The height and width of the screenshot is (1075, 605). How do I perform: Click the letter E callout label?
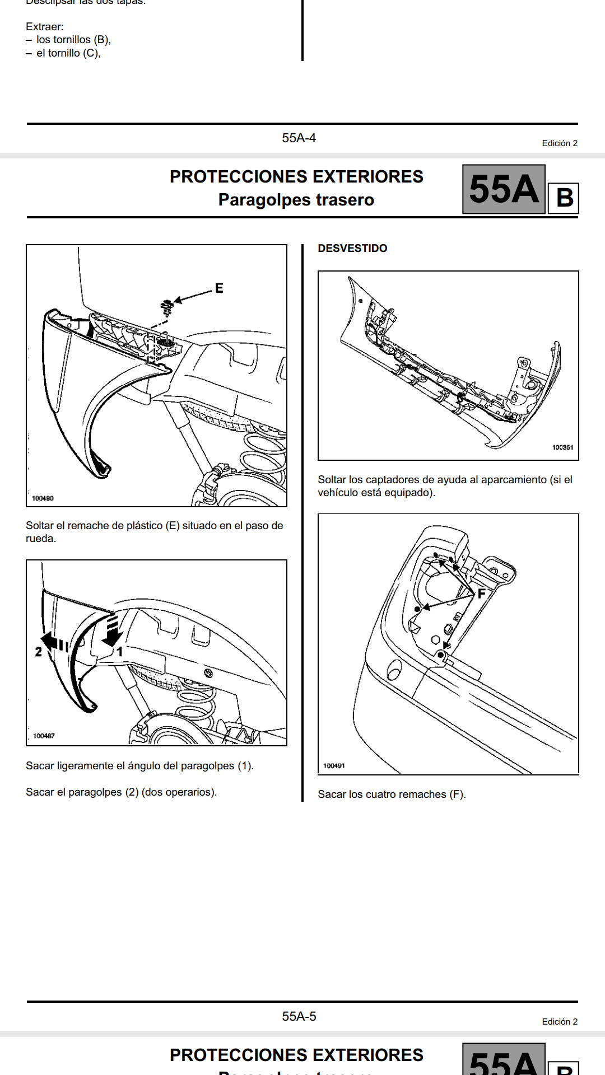pyautogui.click(x=219, y=288)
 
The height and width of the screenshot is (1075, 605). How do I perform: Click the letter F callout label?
pyautogui.click(x=481, y=593)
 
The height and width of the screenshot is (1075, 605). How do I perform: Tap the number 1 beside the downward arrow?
pyautogui.click(x=119, y=651)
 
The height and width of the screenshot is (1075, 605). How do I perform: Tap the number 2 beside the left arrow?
pyautogui.click(x=38, y=652)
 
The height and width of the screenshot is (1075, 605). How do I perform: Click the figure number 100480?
pyautogui.click(x=43, y=498)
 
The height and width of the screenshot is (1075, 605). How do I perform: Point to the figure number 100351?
pyautogui.click(x=562, y=447)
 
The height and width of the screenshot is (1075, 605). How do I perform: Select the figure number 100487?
pyautogui.click(x=44, y=736)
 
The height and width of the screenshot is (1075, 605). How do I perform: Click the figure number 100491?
pyautogui.click(x=334, y=765)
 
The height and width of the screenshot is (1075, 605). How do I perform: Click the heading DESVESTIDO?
pyautogui.click(x=352, y=248)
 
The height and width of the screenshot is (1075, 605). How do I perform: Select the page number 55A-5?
pyautogui.click(x=299, y=1016)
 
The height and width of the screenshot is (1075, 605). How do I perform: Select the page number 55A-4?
pyautogui.click(x=299, y=138)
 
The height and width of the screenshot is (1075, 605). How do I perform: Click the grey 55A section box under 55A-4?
pyautogui.click(x=504, y=189)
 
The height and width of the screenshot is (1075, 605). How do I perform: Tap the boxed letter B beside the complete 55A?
pyautogui.click(x=564, y=198)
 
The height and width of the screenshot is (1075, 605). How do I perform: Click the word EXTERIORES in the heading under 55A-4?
pyautogui.click(x=368, y=176)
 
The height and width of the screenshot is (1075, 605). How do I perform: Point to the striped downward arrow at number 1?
pyautogui.click(x=113, y=630)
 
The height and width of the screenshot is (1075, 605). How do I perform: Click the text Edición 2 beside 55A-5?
pyautogui.click(x=560, y=1022)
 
